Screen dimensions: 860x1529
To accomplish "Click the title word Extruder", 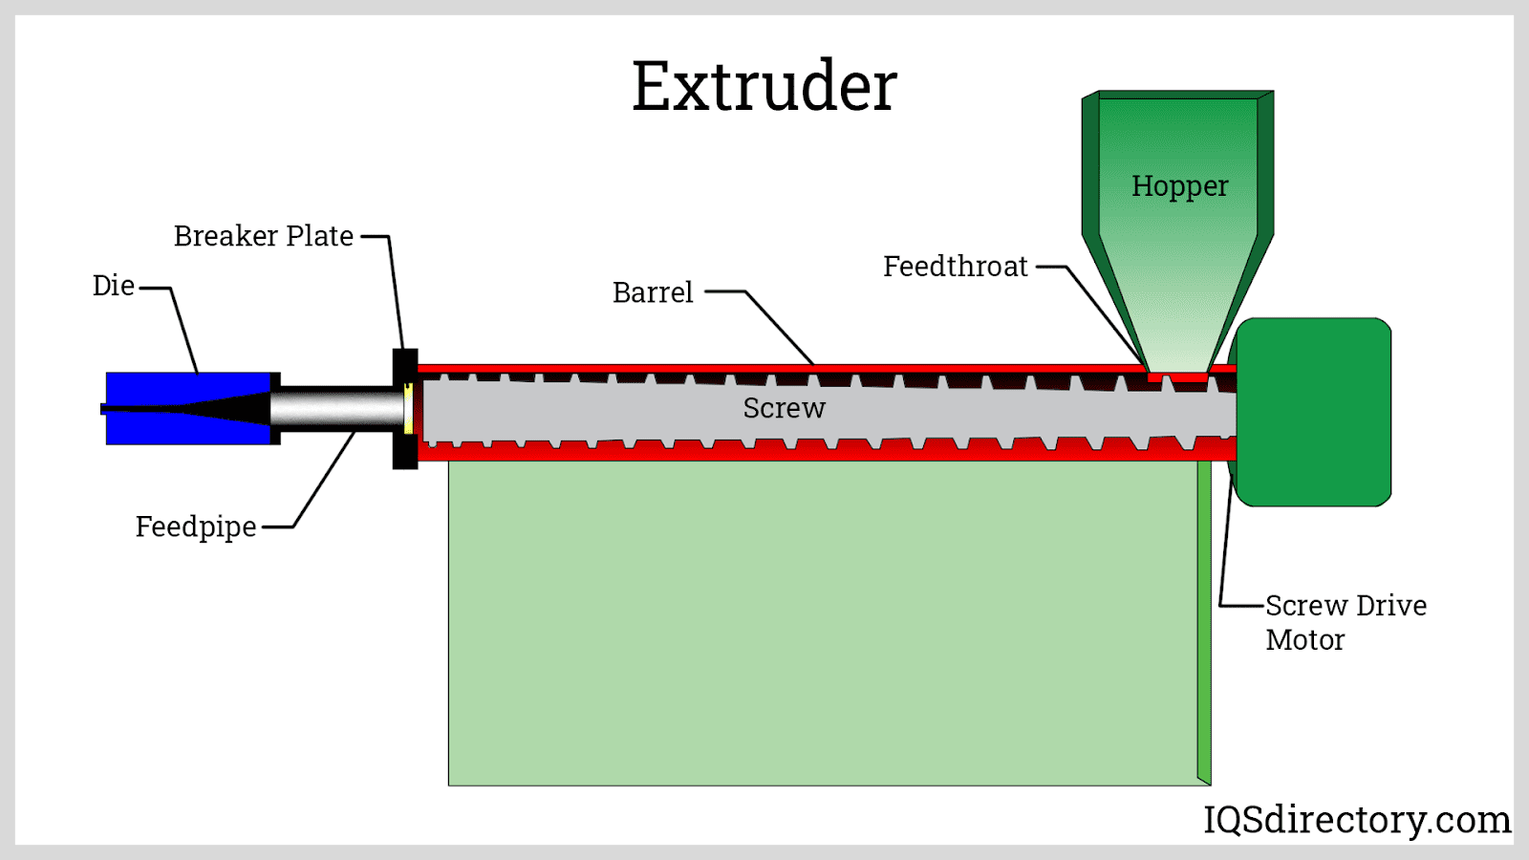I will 764,86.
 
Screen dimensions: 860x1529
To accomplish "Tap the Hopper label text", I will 1179,186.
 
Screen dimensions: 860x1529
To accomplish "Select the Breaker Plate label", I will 264,236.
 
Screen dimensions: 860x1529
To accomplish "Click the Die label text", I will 114,286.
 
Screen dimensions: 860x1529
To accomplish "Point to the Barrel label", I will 653,292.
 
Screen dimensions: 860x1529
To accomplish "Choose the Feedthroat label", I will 955,267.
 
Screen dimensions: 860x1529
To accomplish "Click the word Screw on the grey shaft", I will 784,408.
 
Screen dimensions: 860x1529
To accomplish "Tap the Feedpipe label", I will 196,527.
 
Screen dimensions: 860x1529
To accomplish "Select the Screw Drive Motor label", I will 1345,622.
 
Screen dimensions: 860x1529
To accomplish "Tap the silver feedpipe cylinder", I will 334,408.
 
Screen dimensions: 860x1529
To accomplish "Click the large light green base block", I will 822,621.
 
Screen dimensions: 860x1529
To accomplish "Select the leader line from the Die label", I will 184,330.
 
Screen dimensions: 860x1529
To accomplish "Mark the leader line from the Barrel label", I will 779,328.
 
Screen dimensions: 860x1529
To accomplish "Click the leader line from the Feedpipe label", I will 325,478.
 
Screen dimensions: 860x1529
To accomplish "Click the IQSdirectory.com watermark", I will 1356,820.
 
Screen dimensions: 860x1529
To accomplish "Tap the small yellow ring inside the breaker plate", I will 408,408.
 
